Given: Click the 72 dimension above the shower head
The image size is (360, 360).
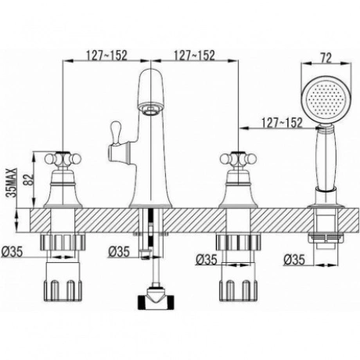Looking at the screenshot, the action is point(326,58).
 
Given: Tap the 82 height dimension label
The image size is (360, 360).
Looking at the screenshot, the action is point(30,179).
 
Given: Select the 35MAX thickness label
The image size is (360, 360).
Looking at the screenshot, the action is point(13,182).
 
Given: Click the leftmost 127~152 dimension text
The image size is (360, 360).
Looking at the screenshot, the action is point(106,56).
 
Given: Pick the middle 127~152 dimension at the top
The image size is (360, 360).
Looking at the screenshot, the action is point(194,56).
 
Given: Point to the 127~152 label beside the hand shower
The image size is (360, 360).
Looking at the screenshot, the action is point(282,123).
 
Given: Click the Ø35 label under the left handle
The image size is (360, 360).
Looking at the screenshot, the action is point(13,252).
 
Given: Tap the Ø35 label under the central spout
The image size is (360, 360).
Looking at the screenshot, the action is point(119,252).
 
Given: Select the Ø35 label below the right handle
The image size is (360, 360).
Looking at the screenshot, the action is point(207,260).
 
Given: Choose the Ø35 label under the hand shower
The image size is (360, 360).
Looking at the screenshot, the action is point(294,260).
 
